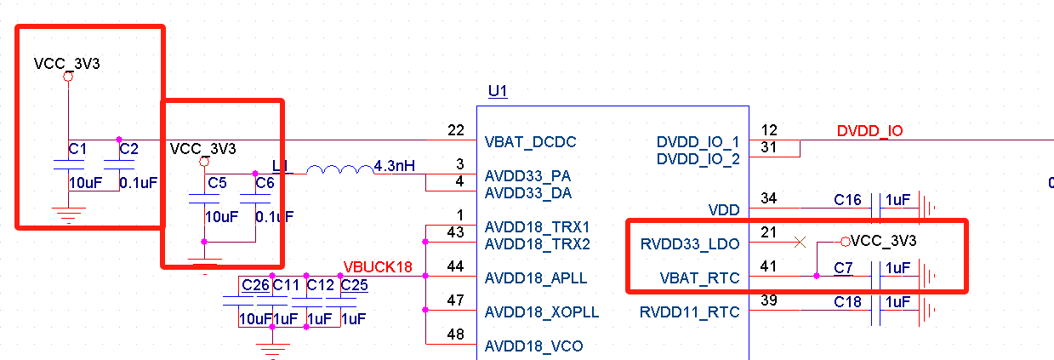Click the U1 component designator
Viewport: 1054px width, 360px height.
pos(498,91)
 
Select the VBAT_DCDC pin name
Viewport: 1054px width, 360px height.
pos(530,142)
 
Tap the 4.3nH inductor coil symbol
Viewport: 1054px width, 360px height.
pos(340,169)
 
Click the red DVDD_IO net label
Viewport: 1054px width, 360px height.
pos(869,131)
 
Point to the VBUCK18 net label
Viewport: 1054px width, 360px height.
pos(378,267)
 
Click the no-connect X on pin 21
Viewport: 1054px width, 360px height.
pos(800,243)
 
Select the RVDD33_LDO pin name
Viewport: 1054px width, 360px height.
pos(690,244)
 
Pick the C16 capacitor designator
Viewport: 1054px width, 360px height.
pos(847,200)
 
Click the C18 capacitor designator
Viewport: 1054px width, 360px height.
pos(847,302)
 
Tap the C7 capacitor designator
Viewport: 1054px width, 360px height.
pos(843,268)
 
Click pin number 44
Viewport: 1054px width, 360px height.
pos(455,266)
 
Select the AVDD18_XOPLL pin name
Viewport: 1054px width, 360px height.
pos(542,312)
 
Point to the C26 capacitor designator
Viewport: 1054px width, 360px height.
pos(255,285)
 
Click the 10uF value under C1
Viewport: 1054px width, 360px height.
pos(85,183)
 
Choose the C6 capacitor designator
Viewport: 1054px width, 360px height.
pos(265,183)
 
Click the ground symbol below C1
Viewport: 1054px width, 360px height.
pos(69,215)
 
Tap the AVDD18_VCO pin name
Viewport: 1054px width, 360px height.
pos(533,346)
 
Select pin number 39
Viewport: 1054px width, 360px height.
pos(769,300)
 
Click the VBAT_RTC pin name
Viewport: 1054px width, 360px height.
pos(699,278)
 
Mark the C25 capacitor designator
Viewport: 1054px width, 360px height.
pos(354,285)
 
